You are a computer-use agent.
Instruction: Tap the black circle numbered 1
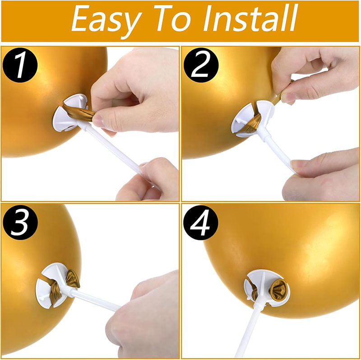pos(21,66)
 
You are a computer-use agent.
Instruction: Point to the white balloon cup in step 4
pos(259,289)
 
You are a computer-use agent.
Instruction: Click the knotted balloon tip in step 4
pos(278,290)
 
